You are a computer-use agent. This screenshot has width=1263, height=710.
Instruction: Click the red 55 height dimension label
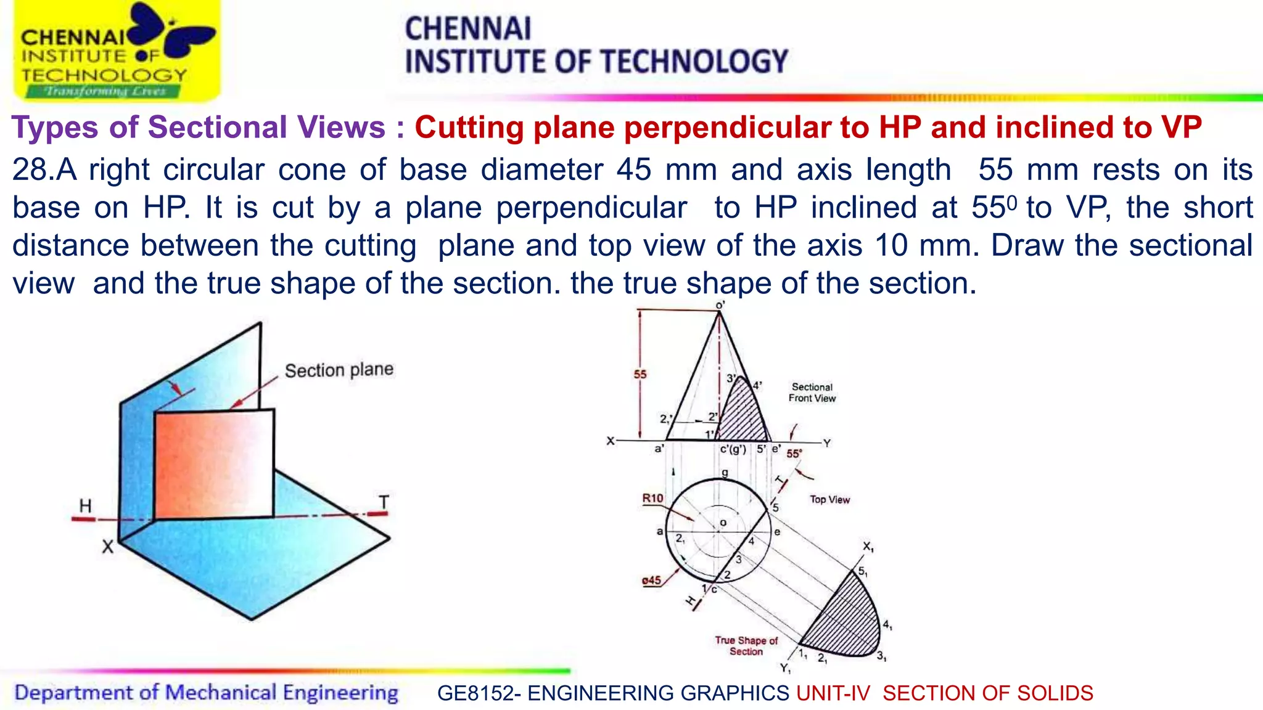(x=640, y=374)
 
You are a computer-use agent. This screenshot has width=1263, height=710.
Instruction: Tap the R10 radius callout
(x=652, y=498)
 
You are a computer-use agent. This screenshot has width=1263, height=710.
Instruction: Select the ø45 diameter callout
(x=651, y=580)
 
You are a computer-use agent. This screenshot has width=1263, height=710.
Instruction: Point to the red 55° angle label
(x=794, y=454)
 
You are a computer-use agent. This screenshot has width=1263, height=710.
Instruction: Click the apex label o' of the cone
(x=720, y=305)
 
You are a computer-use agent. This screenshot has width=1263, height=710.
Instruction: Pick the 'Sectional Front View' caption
(x=812, y=393)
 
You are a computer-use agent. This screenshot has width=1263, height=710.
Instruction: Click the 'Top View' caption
(x=829, y=499)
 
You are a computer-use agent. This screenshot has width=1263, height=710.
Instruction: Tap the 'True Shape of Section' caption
(x=746, y=645)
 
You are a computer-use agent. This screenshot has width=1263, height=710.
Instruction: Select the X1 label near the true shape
(x=868, y=546)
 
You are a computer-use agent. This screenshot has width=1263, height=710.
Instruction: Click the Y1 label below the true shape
(x=785, y=668)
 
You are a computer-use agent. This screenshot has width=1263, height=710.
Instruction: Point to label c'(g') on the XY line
(x=733, y=449)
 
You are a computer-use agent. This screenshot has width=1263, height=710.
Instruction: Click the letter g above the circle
(x=725, y=473)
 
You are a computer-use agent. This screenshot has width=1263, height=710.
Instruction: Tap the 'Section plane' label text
(x=339, y=370)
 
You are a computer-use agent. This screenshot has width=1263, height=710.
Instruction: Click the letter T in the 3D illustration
(x=384, y=502)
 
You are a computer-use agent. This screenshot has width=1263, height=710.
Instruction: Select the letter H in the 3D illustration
(x=85, y=506)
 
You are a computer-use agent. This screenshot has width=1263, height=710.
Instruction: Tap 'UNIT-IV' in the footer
(x=833, y=693)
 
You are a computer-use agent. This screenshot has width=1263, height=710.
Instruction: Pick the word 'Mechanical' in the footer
(x=221, y=693)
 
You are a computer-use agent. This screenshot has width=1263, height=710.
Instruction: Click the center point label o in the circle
(x=723, y=523)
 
